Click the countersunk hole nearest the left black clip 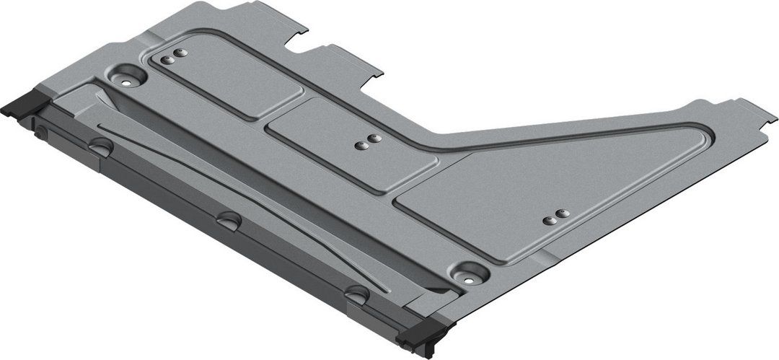128,77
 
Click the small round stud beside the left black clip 41,131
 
